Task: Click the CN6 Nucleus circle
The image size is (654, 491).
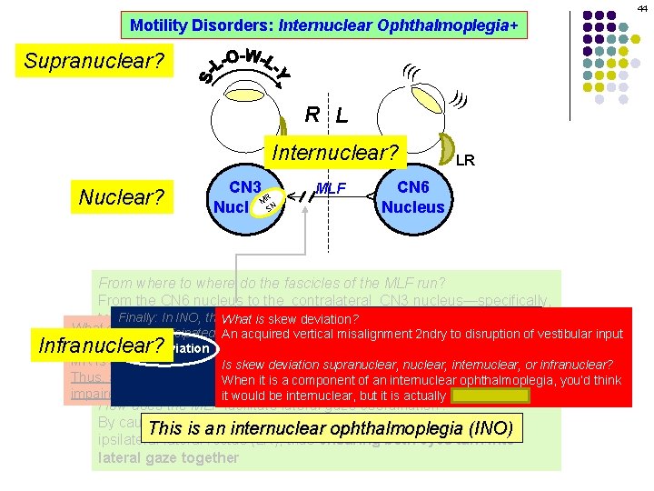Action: point(412,196)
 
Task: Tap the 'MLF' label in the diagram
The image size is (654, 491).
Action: point(332,189)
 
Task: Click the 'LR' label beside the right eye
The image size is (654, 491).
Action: point(465,161)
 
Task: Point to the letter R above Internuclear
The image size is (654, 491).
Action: point(312,115)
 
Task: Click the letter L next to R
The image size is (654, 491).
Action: point(341,115)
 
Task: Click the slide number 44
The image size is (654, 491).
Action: point(641,6)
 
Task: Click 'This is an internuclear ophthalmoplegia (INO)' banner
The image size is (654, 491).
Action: point(331,428)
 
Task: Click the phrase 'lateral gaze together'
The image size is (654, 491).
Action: point(168,458)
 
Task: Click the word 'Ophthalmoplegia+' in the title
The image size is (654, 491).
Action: point(462,25)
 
